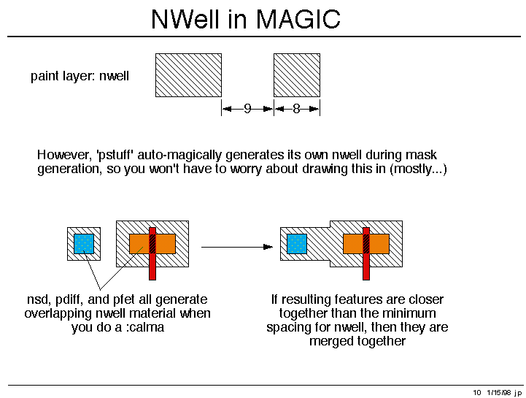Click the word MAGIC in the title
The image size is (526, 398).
298,20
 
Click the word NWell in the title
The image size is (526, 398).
186,20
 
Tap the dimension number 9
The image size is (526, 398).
247,109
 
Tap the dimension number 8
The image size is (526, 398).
296,109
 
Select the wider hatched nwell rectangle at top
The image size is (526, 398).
188,75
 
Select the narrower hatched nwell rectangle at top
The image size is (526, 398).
297,75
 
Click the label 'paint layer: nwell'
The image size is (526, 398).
80,76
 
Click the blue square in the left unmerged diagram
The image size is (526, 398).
84,244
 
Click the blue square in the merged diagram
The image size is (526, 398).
297,244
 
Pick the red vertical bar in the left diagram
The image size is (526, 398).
152,253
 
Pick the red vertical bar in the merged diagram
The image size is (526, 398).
366,253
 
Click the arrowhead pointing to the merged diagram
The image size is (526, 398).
268,247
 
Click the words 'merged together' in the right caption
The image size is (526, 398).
357,341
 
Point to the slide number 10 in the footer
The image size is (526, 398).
477,392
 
